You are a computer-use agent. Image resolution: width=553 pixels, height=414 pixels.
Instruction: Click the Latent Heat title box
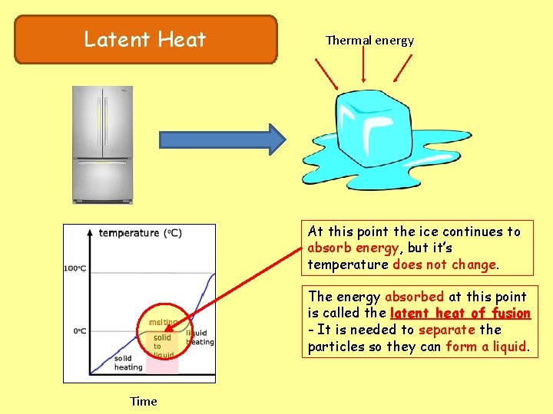145,39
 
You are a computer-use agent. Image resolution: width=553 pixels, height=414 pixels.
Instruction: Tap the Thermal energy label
369,41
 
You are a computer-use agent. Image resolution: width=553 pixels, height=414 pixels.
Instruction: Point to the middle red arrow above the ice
363,68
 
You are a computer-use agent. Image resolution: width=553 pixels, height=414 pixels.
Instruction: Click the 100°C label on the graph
75,268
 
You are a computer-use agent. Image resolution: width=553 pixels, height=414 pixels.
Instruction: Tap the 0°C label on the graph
78,331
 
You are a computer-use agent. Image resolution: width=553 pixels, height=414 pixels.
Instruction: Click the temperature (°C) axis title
140,233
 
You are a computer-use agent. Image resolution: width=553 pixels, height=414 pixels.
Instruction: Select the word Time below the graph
144,401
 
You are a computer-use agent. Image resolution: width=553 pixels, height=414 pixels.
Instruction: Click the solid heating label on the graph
128,363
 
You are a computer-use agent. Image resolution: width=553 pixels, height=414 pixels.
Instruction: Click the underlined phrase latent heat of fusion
460,313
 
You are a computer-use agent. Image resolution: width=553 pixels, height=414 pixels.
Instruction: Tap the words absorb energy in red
353,248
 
